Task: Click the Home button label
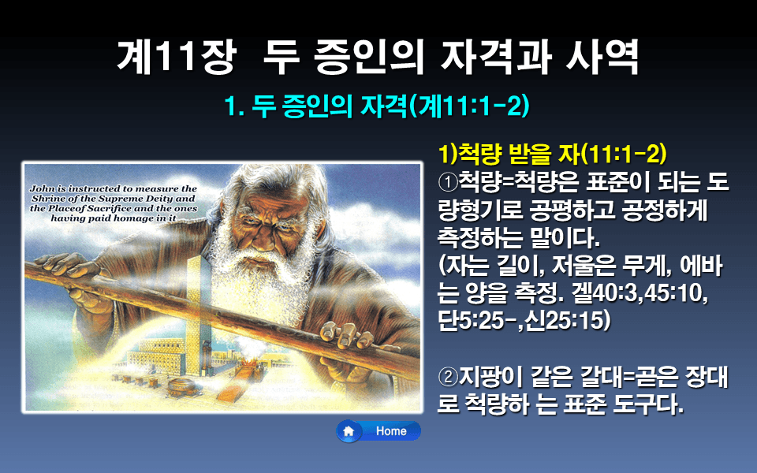point(391,431)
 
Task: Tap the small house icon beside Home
point(349,431)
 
